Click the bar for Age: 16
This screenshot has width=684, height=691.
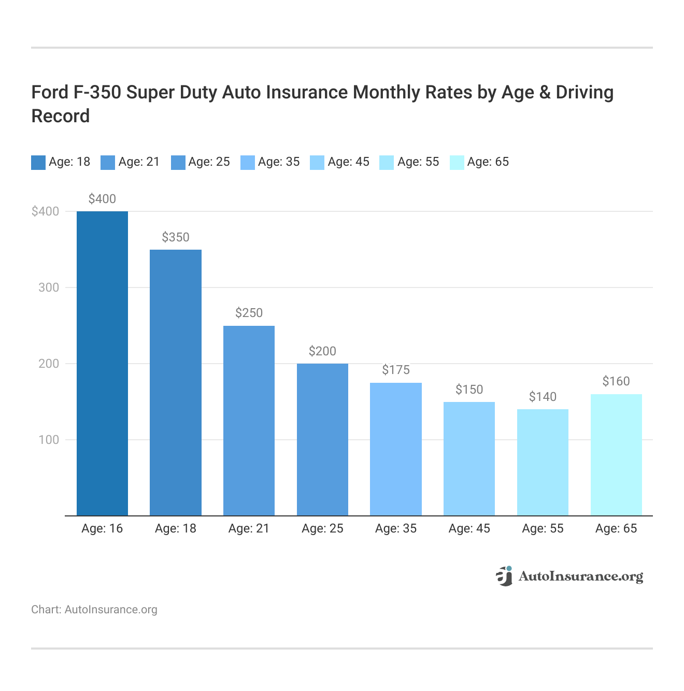102,363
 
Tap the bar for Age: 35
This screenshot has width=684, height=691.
396,449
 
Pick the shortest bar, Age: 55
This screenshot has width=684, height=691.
543,462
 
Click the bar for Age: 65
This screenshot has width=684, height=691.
616,455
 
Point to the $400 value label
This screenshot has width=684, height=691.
102,199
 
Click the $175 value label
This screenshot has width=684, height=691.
396,370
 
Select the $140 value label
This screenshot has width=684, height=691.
543,397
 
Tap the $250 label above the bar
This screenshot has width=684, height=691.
249,313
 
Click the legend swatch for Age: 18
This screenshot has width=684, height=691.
38,162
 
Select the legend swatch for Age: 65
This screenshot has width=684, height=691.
457,162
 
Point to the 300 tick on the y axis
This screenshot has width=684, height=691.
49,287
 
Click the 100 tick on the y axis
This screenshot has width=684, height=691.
49,440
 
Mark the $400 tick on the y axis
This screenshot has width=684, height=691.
46,211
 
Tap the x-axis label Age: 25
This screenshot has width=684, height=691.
322,528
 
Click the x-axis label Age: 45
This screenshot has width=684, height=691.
469,528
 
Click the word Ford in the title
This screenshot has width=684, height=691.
50,92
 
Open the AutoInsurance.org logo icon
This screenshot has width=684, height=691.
504,576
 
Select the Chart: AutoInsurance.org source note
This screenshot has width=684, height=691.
94,610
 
